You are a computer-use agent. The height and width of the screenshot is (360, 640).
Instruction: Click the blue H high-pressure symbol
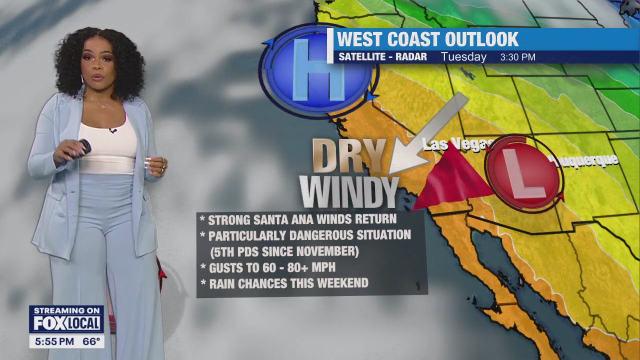point(318,70)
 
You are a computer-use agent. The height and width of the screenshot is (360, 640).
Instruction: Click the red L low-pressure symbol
point(523,172)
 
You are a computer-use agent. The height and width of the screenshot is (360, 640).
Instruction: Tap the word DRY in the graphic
point(350,156)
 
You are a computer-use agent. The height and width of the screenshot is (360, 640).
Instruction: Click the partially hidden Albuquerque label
point(585,161)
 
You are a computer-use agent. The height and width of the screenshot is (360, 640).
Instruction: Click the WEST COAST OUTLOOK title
point(427,39)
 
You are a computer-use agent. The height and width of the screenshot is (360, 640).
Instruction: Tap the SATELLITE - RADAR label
point(382,57)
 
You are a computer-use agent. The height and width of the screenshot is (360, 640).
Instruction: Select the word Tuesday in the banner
point(463,57)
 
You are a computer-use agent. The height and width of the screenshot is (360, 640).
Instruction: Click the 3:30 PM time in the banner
point(517,57)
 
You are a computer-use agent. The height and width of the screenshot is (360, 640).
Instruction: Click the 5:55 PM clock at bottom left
point(51,342)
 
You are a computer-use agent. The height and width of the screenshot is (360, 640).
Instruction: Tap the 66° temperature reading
point(91,342)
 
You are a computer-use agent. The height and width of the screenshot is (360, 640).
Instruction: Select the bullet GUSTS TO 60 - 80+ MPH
point(271,268)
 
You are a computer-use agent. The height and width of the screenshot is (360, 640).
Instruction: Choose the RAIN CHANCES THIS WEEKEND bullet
point(288,283)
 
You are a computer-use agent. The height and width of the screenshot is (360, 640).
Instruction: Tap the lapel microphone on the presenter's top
point(113,130)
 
